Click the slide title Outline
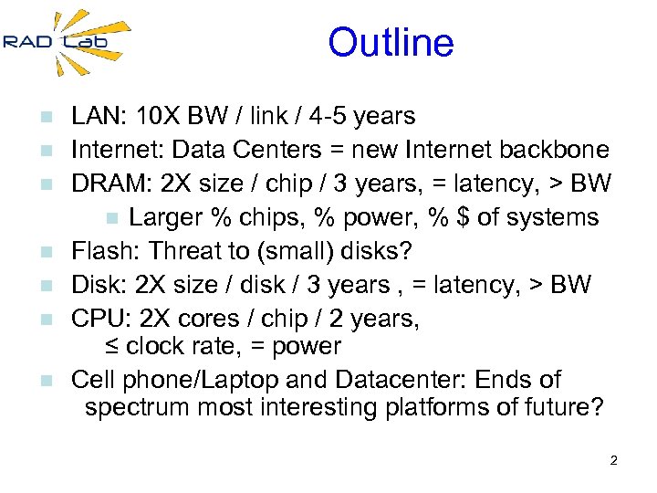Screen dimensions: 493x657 [391, 43]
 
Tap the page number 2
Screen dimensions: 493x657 [613, 460]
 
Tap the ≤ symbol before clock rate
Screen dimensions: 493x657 [109, 348]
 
